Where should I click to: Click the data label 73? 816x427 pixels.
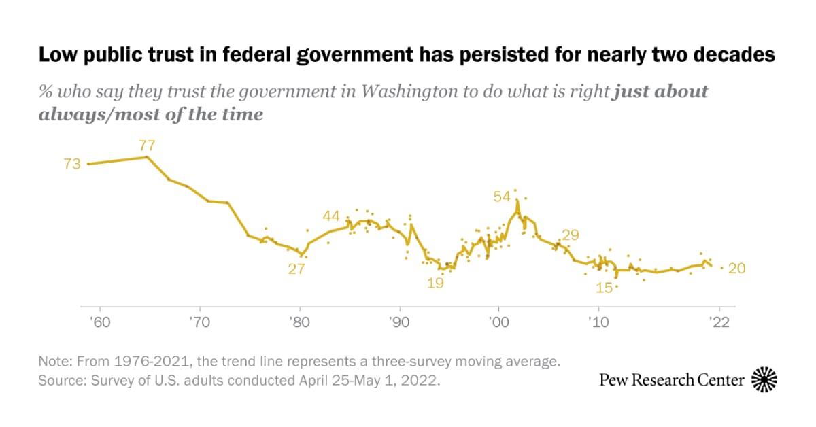tap(72, 164)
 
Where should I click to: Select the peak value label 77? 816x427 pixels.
tap(148, 145)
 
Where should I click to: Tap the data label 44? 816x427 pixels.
tap(331, 216)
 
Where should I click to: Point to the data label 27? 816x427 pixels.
tap(296, 269)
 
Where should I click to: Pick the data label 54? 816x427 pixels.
tap(502, 197)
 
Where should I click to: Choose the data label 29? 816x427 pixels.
tap(570, 235)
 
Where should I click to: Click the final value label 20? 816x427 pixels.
tap(737, 269)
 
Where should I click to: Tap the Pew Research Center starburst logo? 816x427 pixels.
tap(764, 380)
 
